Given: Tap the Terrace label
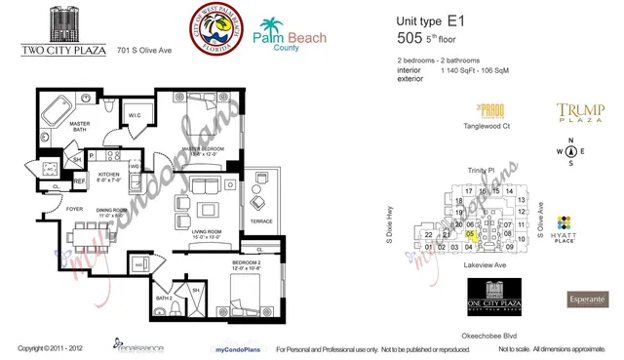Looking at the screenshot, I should click(x=260, y=222).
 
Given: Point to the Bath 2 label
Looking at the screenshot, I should click(x=164, y=297).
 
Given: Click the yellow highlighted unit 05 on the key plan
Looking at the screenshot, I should click(x=471, y=234).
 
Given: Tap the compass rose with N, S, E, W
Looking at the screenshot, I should click(x=572, y=150).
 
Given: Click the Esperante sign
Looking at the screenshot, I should click(x=588, y=298).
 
